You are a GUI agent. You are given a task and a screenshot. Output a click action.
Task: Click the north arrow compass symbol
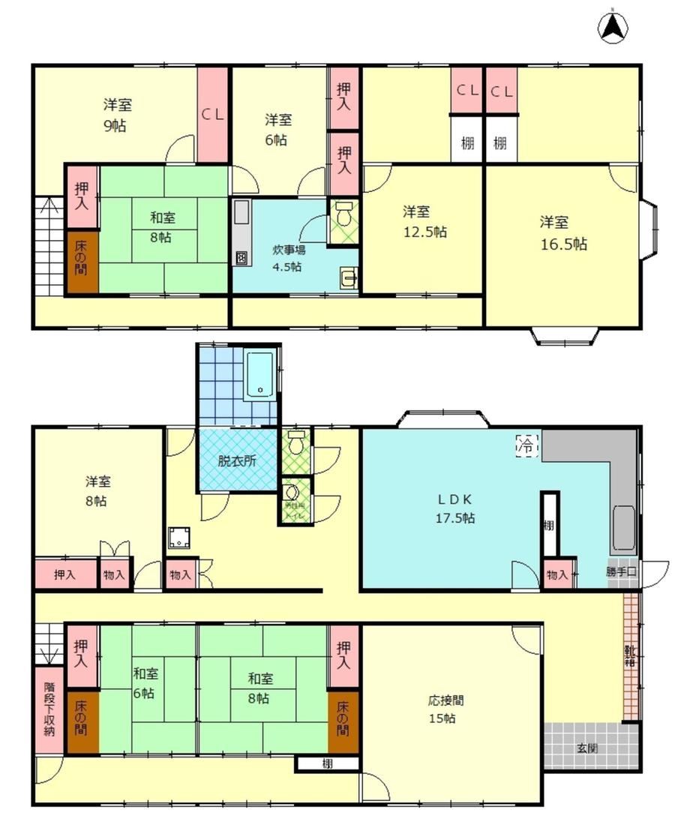pyautogui.click(x=612, y=28)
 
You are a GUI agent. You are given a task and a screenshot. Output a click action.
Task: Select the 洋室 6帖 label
pyautogui.click(x=277, y=129)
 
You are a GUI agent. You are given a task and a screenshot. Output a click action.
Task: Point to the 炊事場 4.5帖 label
pyautogui.click(x=288, y=257)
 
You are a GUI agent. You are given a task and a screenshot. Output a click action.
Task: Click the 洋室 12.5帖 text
pyautogui.click(x=424, y=221)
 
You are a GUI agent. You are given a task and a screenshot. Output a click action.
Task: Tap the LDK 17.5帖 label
pyautogui.click(x=452, y=508)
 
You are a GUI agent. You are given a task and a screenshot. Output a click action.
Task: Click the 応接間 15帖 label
pyautogui.click(x=446, y=709)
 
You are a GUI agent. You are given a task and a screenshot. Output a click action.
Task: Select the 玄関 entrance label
pyautogui.click(x=587, y=748)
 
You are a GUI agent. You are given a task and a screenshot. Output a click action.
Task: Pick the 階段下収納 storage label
pyautogui.click(x=49, y=709)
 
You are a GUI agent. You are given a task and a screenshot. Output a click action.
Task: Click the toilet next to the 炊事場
pyautogui.click(x=343, y=215)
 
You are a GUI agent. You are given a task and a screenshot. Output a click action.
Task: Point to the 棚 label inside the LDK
pyautogui.click(x=550, y=525)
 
